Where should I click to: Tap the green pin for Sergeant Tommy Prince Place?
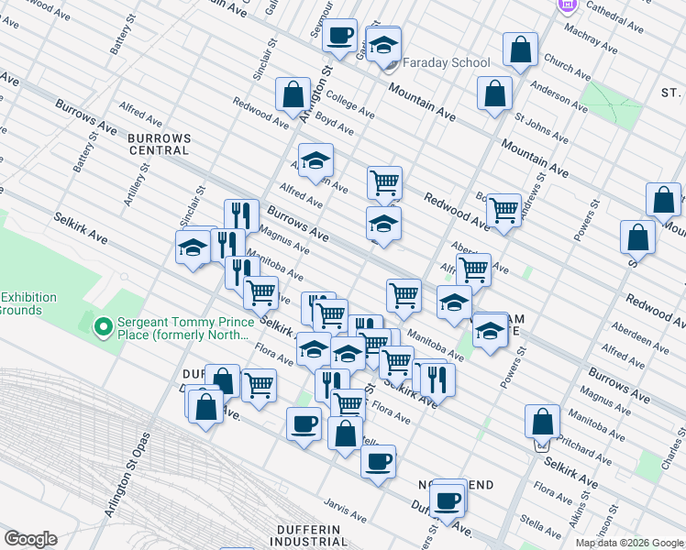(103, 324)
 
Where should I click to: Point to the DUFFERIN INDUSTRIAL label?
(314, 535)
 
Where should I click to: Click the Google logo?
(30, 539)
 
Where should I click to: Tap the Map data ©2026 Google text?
(629, 543)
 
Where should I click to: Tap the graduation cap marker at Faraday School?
(383, 43)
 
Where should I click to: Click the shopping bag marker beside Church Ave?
(520, 49)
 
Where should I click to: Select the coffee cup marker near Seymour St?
(339, 36)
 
